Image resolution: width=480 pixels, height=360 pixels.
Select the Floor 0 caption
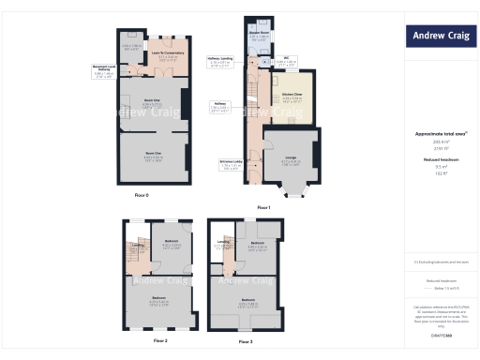pos(142,194)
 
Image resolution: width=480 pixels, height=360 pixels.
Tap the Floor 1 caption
pos(263,206)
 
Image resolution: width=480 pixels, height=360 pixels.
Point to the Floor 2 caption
pos(160,340)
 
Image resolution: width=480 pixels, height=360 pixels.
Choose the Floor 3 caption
pos(246,341)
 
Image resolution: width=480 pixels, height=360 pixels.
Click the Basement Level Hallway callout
pos(105,70)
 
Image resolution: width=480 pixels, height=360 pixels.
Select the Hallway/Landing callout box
pos(221,61)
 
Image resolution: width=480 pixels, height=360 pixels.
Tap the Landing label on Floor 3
pos(223,244)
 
